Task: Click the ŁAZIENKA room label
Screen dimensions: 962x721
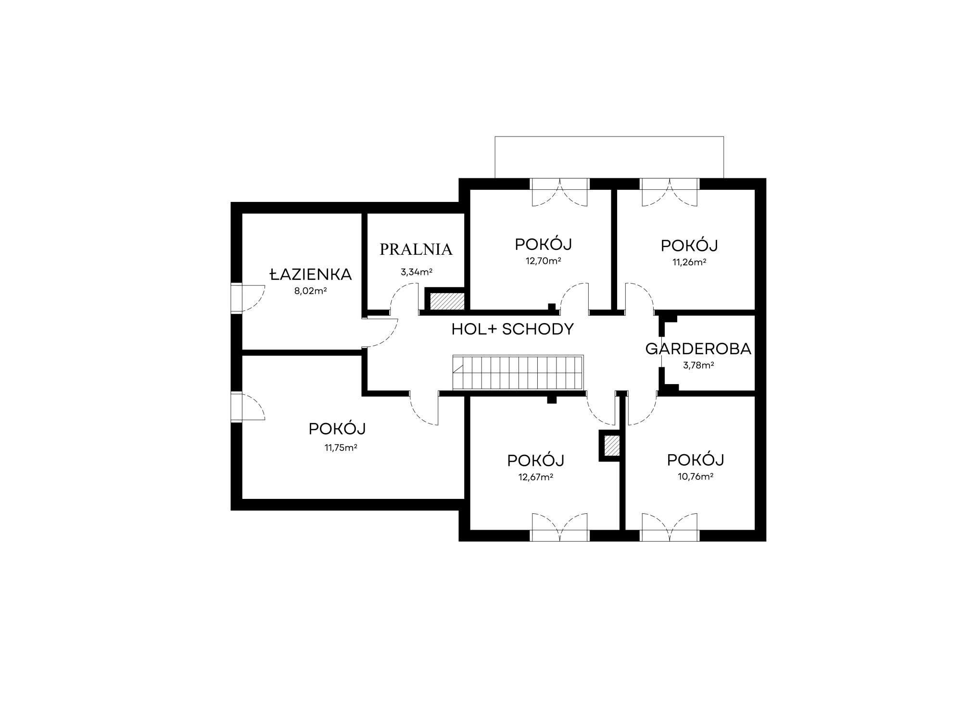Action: (x=310, y=274)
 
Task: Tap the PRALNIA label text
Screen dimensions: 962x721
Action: (x=416, y=249)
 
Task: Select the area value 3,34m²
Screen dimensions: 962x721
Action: (x=417, y=272)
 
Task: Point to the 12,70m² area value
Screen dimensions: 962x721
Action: (x=544, y=261)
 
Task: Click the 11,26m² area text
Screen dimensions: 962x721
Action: (x=689, y=262)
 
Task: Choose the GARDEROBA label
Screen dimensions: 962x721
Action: (x=698, y=349)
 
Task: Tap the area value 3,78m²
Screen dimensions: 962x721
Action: (x=698, y=365)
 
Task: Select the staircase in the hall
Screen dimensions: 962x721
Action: (x=518, y=373)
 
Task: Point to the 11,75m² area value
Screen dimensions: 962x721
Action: (x=341, y=448)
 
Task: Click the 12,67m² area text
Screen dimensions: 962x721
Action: (x=535, y=477)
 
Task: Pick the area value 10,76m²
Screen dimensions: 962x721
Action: (x=696, y=477)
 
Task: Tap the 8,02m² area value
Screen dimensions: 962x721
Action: (x=311, y=291)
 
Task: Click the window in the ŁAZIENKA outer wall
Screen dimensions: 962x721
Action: (x=236, y=298)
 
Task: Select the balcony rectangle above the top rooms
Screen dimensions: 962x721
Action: (x=609, y=157)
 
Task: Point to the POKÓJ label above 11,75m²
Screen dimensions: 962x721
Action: (x=337, y=429)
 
